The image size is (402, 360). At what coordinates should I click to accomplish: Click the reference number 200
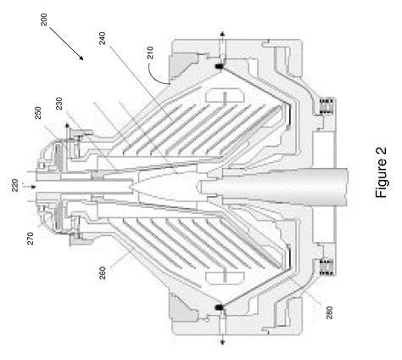(x=44, y=20)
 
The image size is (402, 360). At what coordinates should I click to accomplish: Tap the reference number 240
(x=102, y=38)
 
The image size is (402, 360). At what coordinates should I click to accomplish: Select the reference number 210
(x=150, y=53)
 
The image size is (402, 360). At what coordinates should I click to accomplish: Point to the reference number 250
(x=38, y=113)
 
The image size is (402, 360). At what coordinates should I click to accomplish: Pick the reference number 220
(x=15, y=185)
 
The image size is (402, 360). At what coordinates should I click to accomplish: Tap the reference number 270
(x=31, y=239)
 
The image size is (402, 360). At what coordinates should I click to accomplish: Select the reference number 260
(x=103, y=273)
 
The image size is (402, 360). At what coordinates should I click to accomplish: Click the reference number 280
(x=329, y=312)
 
